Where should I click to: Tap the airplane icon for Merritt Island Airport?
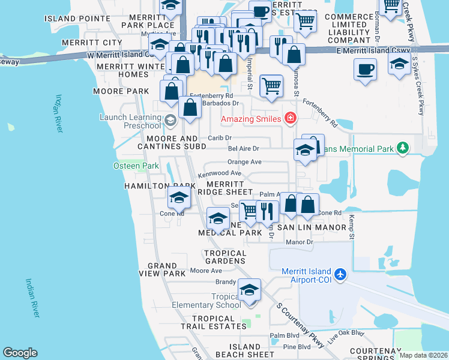pyautogui.click(x=340, y=274)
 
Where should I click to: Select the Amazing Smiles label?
pyautogui.click(x=251, y=119)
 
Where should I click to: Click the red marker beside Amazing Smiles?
pyautogui.click(x=291, y=118)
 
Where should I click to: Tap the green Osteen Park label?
pyautogui.click(x=136, y=166)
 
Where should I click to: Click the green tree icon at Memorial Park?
pyautogui.click(x=403, y=148)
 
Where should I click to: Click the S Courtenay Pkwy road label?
pyautogui.click(x=300, y=325)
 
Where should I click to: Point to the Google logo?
pyautogui.click(x=20, y=353)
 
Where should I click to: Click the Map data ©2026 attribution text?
pyautogui.click(x=423, y=355)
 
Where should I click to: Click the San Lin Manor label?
pyautogui.click(x=311, y=228)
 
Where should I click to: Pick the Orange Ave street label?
pyautogui.click(x=244, y=162)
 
